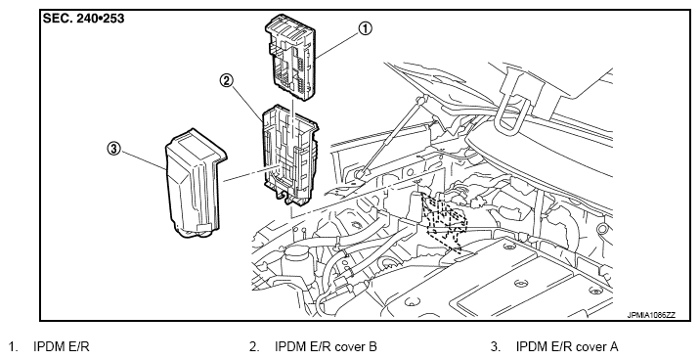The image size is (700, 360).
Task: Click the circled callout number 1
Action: pos(365,29)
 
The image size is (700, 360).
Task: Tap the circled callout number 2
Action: pos(227,80)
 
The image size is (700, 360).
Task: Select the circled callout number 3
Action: pos(113,149)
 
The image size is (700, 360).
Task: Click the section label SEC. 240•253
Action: pos(83,19)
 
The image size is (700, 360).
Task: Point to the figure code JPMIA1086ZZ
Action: pos(651,315)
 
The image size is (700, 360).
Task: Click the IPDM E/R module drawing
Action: pos(291,58)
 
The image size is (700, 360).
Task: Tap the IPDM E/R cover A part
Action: pos(196,183)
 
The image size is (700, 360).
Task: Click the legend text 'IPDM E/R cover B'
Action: pos(326,346)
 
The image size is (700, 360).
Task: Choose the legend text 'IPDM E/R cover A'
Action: pos(567,346)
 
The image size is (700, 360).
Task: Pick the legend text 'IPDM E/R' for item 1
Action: pos(62,346)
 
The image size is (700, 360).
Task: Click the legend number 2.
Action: pos(253,346)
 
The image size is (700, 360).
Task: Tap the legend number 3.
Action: pos(495,346)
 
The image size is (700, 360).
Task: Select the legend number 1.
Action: pos(14,346)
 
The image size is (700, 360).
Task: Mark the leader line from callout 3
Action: pos(143,159)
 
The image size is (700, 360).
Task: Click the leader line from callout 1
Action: pos(338,46)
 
